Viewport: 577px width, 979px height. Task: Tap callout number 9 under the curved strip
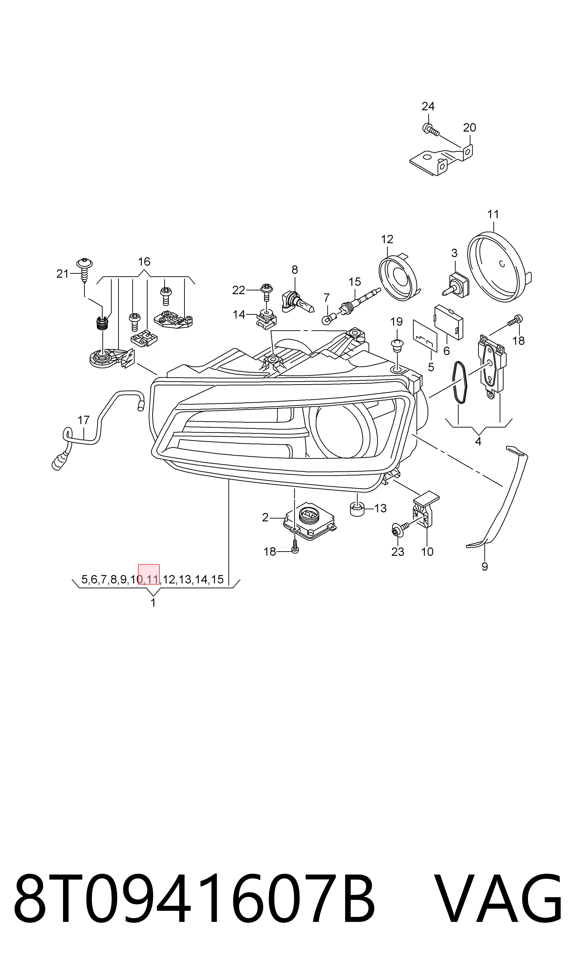click(x=485, y=567)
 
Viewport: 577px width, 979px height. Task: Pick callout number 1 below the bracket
click(x=153, y=603)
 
